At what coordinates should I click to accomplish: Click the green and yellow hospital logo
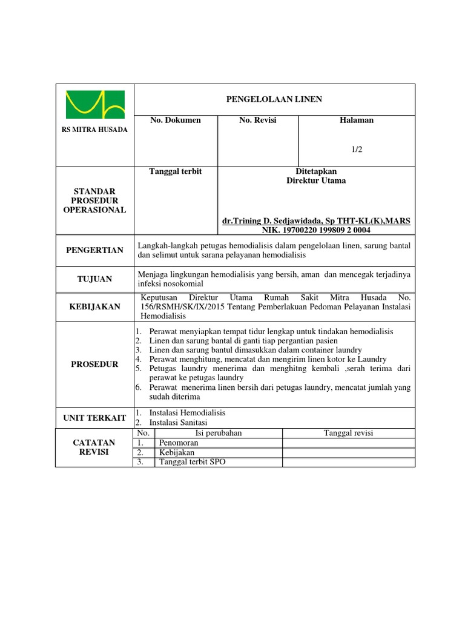[x=94, y=105]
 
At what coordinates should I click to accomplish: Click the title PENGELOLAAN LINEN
[x=274, y=99]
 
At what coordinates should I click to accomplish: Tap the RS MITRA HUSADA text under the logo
[x=94, y=130]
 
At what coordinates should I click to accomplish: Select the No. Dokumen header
[x=176, y=120]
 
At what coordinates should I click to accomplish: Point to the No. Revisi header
[x=257, y=120]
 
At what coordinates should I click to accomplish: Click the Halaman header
[x=357, y=120]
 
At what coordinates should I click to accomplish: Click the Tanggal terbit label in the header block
[x=176, y=172]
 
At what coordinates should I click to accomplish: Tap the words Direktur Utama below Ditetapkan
[x=316, y=180]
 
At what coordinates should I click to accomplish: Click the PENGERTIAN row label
[x=94, y=250]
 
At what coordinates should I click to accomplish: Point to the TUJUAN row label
[x=94, y=279]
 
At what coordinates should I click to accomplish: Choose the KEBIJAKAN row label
[x=94, y=307]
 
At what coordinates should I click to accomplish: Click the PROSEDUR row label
[x=94, y=364]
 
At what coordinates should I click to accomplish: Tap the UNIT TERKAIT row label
[x=94, y=418]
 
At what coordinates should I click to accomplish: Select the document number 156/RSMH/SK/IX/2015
[x=185, y=307]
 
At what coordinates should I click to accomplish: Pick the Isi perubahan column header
[x=219, y=433]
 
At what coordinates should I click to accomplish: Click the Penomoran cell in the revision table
[x=179, y=443]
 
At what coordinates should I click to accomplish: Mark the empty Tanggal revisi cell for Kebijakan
[x=349, y=452]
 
